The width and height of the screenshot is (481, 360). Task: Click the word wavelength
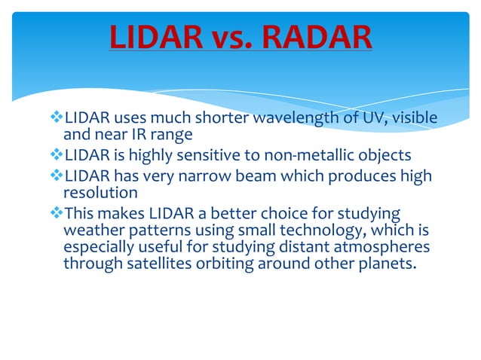(294, 119)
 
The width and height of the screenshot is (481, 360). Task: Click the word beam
(248, 176)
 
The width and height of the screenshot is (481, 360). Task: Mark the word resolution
(96, 193)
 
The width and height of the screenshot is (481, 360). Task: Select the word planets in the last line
(388, 264)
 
